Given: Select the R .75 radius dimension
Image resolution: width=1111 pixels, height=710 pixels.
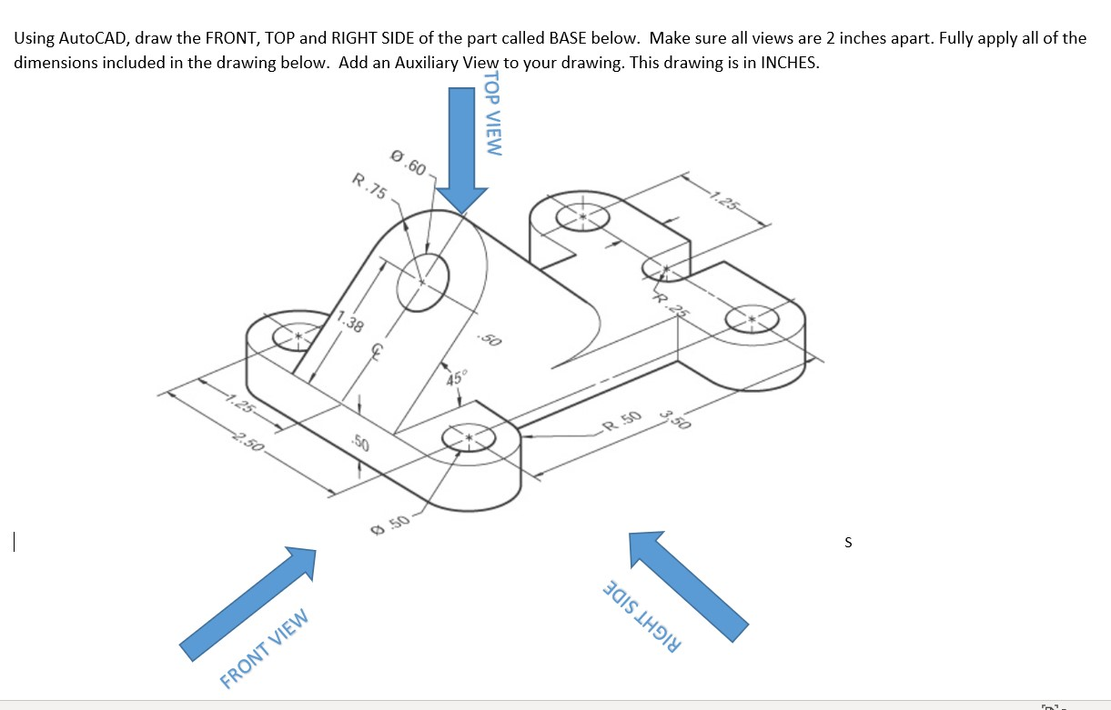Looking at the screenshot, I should coord(369,186).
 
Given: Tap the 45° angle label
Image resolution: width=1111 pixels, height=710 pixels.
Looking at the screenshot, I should coord(454,379).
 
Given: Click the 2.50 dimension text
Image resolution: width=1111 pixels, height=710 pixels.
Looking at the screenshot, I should coord(248,444).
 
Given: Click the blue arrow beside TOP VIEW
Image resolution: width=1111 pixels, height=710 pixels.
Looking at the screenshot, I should coord(460,145).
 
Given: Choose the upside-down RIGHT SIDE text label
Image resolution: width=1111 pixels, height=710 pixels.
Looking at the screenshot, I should coord(641,615).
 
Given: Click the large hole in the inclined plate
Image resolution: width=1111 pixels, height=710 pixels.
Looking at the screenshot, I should coord(422,280).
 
